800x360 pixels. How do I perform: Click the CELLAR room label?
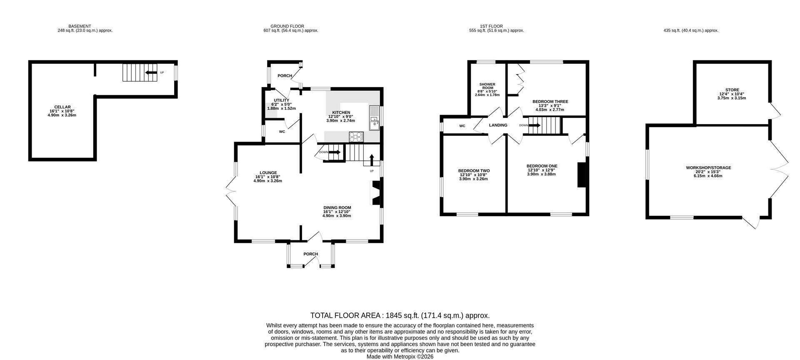click(x=62, y=107)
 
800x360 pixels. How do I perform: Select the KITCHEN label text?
click(x=341, y=112)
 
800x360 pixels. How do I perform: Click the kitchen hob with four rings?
click(x=356, y=136)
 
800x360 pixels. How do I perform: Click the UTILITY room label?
click(x=281, y=100)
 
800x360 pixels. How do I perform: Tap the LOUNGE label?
click(x=268, y=173)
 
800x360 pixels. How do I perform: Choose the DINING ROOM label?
click(x=337, y=207)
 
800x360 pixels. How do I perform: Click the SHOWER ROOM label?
click(x=487, y=86)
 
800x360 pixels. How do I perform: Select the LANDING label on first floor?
click(x=498, y=125)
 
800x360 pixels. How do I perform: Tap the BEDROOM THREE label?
click(x=550, y=102)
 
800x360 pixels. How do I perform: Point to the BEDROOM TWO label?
click(x=474, y=171)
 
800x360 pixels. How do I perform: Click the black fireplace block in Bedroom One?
click(x=581, y=175)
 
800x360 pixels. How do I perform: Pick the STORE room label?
click(x=732, y=90)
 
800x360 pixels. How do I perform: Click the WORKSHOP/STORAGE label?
click(x=708, y=168)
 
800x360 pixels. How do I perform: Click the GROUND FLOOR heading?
click(x=287, y=26)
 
